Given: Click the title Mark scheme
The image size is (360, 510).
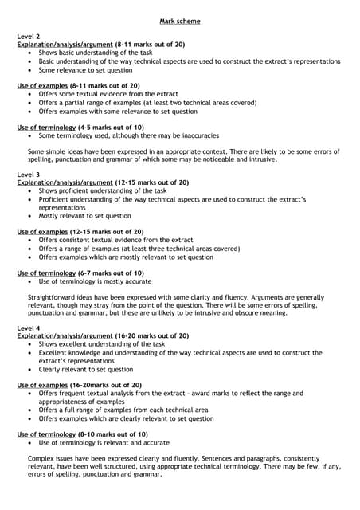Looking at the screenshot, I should pos(180,21).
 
